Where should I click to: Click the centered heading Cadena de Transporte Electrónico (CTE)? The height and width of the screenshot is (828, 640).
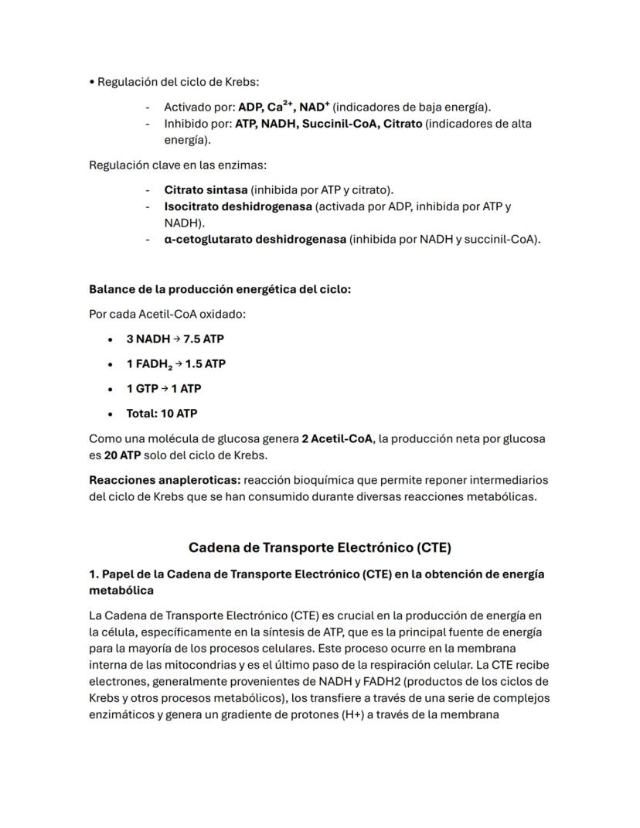319,547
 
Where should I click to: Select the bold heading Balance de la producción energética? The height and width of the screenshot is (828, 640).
220,290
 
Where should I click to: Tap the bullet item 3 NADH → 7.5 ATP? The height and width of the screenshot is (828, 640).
175,339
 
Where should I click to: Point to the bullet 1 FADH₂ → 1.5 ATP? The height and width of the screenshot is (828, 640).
176,363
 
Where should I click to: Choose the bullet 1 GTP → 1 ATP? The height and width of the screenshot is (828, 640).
164,388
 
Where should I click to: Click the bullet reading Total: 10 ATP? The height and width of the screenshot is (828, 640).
162,413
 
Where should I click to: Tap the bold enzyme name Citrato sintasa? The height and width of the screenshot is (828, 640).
206,189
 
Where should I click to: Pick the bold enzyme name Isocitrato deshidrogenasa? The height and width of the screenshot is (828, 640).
237,206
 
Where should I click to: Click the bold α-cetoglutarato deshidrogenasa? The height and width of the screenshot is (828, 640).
255,239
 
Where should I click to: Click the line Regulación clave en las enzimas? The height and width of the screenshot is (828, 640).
178,165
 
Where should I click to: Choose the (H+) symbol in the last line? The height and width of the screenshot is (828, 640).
355,714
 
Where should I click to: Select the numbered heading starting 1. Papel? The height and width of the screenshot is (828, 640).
317,574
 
